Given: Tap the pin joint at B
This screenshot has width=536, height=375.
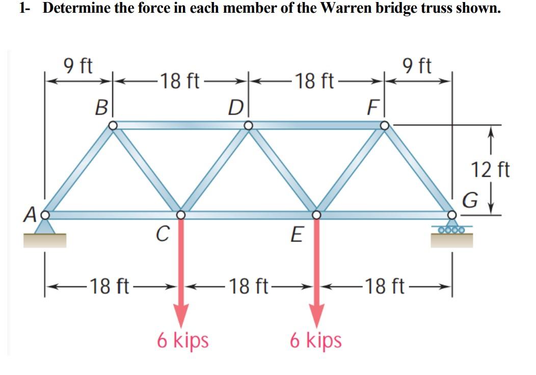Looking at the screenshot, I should point(113,125).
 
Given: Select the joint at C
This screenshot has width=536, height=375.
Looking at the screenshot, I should point(181,215).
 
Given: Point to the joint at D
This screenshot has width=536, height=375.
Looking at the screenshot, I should point(248,125).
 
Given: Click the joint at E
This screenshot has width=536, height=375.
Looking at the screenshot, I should point(316,215).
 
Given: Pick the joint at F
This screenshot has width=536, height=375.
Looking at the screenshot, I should point(384,125).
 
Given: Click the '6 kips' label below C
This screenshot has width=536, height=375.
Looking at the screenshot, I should point(182,340).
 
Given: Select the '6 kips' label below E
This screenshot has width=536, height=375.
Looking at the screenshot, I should point(316,340).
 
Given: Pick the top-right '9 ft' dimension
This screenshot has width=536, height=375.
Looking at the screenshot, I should point(417,65).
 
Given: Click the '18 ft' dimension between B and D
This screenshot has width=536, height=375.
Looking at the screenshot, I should point(179,81).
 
